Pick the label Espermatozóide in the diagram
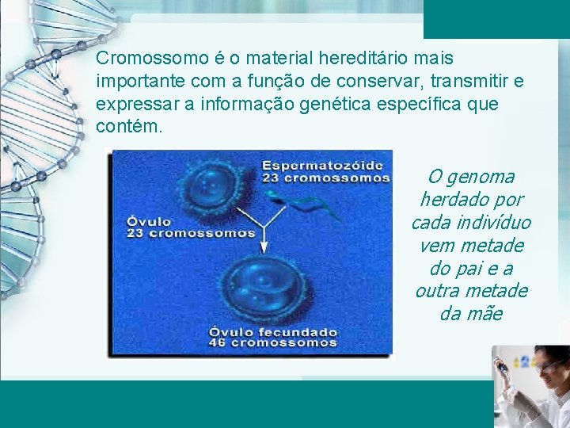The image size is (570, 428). coord(322,165)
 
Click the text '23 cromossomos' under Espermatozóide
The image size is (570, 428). coord(325,178)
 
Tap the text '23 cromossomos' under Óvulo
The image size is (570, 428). coord(192,233)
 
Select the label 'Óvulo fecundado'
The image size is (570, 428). coord(273,331)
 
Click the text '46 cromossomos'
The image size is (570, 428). coord(273,343)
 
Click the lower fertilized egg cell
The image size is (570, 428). coord(261,289)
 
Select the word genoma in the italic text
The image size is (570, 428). coord(481,177)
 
